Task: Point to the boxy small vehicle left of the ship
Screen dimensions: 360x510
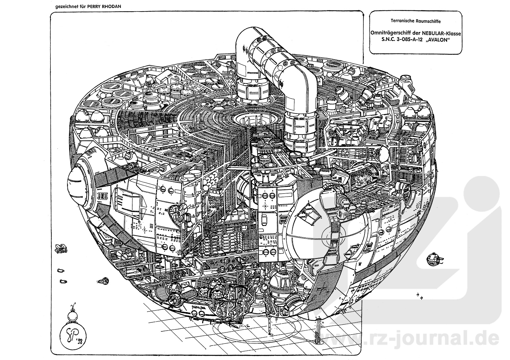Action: (61, 248)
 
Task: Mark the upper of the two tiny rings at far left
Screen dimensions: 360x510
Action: (60, 271)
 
